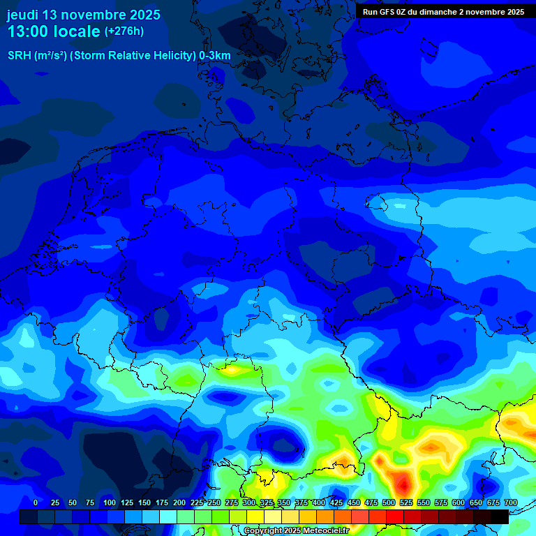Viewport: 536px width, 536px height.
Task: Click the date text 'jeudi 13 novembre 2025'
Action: pos(84,15)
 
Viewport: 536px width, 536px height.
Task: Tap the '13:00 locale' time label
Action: pos(54,31)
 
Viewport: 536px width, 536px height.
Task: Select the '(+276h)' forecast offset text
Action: pos(124,31)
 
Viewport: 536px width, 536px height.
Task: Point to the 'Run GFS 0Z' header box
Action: pos(444,12)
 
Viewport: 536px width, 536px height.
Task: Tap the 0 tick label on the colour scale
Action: pos(36,502)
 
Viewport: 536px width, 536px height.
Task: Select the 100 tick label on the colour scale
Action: pos(109,502)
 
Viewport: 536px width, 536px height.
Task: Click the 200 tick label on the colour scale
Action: pos(179,502)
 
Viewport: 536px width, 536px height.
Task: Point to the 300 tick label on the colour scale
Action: pos(249,502)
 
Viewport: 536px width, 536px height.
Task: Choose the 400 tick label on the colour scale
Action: pos(319,502)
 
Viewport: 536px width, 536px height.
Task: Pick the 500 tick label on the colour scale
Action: pos(389,502)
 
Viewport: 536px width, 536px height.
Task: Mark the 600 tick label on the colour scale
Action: pos(459,502)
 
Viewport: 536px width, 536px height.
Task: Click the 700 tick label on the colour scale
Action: pos(510,502)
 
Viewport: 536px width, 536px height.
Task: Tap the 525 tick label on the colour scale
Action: pos(406,502)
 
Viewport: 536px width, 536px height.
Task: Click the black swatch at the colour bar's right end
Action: pos(500,516)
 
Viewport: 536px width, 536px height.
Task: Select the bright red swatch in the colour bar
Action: pos(395,516)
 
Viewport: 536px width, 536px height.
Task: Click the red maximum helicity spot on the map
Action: pos(403,482)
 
